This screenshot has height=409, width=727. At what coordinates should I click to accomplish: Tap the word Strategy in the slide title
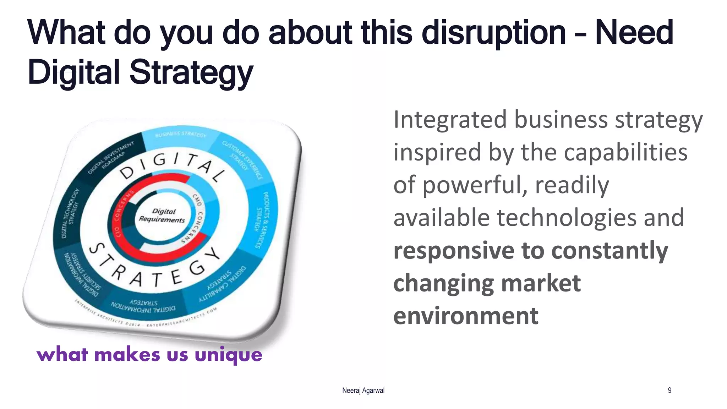pyautogui.click(x=191, y=72)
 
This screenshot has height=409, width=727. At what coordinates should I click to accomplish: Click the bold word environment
pyautogui.click(x=466, y=316)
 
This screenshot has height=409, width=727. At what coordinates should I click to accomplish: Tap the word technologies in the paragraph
pyautogui.click(x=567, y=218)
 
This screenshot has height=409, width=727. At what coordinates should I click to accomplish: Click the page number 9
pyautogui.click(x=669, y=391)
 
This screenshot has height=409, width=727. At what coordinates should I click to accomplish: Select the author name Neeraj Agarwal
pyautogui.click(x=363, y=391)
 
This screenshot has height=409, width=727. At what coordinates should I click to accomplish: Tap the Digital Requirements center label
pyautogui.click(x=163, y=216)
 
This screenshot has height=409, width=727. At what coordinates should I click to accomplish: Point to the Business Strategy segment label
pyautogui.click(x=180, y=134)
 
